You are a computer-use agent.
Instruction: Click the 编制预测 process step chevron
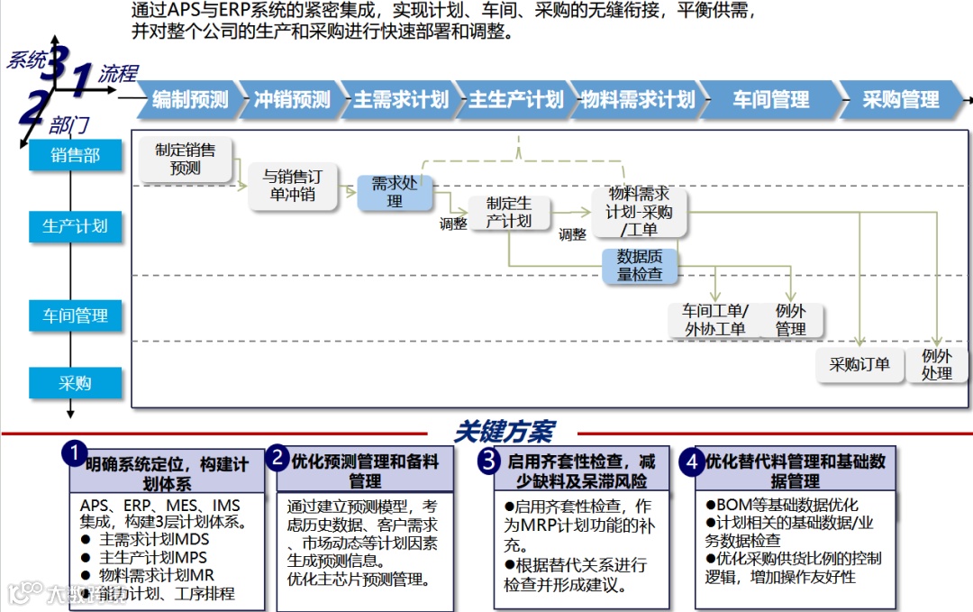(x=190, y=100)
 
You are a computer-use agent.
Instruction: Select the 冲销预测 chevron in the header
(x=292, y=100)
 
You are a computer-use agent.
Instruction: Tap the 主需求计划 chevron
(x=400, y=100)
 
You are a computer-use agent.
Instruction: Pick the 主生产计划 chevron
(x=515, y=100)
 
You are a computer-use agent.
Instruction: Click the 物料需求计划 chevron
(x=637, y=100)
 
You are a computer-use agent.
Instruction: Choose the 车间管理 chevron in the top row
(x=770, y=100)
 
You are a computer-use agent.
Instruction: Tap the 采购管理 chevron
(x=900, y=100)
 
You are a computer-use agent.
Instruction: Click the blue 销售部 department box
(x=76, y=155)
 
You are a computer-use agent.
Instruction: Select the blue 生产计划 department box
(x=76, y=225)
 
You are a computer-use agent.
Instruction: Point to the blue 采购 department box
(x=76, y=383)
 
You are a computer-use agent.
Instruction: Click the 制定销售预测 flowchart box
(x=186, y=159)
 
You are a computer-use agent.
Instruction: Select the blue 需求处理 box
(x=395, y=193)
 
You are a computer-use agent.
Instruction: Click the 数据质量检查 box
(x=640, y=265)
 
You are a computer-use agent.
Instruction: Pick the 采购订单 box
(x=859, y=364)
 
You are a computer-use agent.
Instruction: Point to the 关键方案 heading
(x=504, y=432)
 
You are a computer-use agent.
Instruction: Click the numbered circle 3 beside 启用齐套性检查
(x=488, y=461)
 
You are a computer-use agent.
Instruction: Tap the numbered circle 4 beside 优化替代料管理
(x=692, y=461)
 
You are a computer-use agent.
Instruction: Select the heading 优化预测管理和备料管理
(x=365, y=470)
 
